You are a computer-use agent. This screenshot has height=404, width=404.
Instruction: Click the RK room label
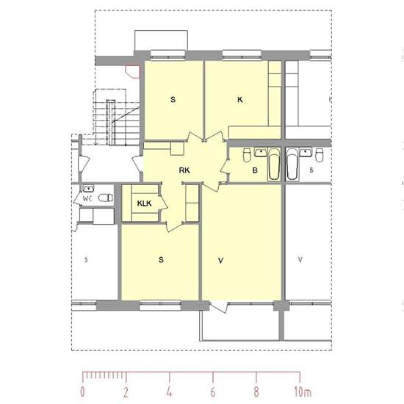tap(184, 170)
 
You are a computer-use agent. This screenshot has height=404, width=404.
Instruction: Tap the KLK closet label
tap(144, 203)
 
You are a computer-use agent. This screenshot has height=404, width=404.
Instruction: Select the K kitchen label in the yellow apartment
tap(240, 99)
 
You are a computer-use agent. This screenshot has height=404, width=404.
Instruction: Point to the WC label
tap(87, 198)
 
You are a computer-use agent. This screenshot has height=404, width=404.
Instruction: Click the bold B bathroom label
tap(255, 170)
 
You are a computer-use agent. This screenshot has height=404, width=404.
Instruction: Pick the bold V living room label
tap(220, 261)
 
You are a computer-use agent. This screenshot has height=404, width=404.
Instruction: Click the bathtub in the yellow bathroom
tap(274, 164)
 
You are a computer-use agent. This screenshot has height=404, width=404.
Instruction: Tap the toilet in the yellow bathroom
tap(247, 154)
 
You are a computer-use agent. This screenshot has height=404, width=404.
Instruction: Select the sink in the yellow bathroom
tap(261, 152)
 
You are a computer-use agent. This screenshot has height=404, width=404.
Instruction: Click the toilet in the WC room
tap(106, 198)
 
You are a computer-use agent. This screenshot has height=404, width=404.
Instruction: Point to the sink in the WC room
tap(88, 189)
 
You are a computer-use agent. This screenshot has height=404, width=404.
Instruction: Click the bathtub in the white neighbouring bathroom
tap(292, 164)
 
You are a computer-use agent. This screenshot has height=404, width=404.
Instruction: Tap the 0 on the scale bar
tap(82, 392)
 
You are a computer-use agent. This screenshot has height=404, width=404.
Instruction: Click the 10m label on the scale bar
tap(303, 392)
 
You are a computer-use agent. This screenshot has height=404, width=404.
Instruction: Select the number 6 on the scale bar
tap(213, 392)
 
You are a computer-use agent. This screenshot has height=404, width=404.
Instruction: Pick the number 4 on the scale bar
tap(169, 392)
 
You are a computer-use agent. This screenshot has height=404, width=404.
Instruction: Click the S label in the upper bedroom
tap(173, 99)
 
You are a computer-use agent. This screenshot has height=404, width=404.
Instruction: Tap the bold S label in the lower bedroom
tap(161, 260)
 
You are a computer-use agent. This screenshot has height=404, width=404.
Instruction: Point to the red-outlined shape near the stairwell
tap(133, 71)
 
